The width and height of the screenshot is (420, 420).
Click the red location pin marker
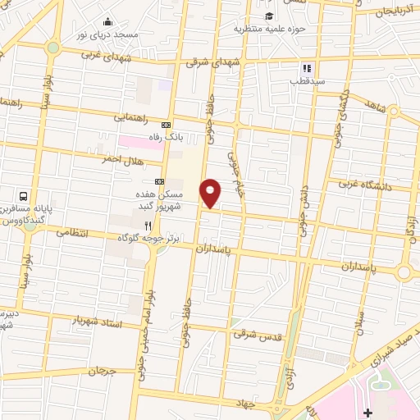[x=211, y=193]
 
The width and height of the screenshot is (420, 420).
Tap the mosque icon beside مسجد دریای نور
[x=107, y=22]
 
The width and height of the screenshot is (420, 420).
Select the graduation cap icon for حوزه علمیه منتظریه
[x=268, y=16]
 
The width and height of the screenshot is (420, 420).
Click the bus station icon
[x=24, y=197]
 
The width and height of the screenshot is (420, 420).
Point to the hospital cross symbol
[x=367, y=411]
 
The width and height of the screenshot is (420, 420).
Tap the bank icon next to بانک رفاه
[x=167, y=125]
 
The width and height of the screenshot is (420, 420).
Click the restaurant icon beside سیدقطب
[x=307, y=69]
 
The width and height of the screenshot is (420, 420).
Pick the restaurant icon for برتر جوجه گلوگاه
[x=148, y=225]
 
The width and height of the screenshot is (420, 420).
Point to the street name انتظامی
[x=75, y=232]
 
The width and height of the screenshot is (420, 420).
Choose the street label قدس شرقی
[x=258, y=334]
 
